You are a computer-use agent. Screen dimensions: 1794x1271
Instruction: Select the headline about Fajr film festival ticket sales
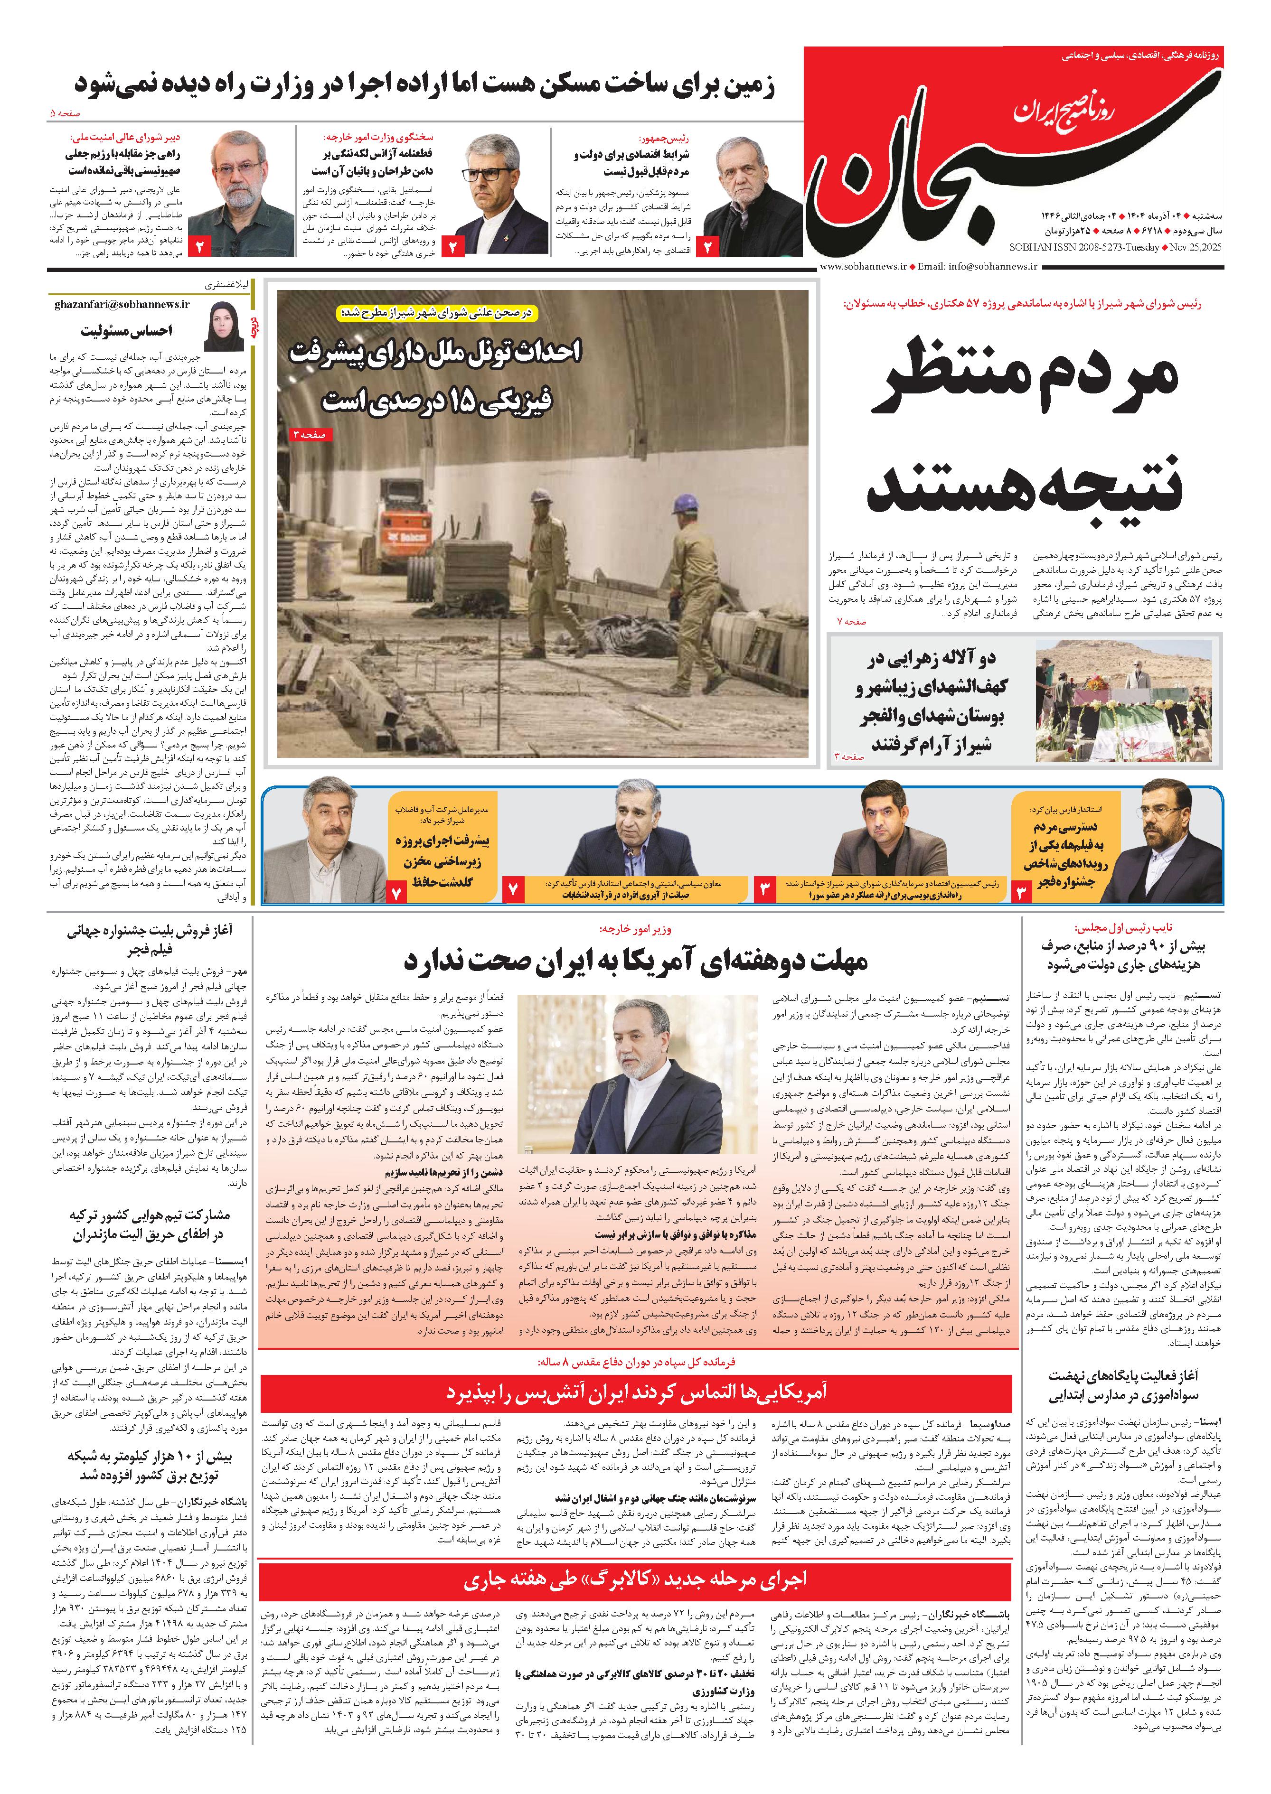(x=149, y=940)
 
